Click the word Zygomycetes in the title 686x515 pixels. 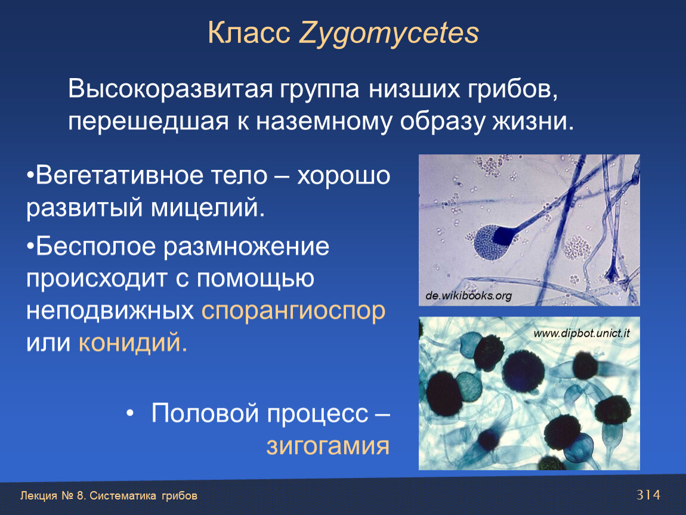tap(389, 34)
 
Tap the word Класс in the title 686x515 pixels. tap(249, 33)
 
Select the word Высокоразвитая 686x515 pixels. tap(170, 89)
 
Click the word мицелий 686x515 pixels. tap(208, 207)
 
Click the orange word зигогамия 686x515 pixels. tap(327, 446)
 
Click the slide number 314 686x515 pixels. tap(648, 495)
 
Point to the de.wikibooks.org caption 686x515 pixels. tap(468, 296)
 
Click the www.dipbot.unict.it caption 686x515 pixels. tap(582, 334)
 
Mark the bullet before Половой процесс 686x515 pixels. tap(130, 413)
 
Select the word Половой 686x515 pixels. tap(205, 413)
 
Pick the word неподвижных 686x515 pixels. tap(110, 311)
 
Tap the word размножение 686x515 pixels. tap(246, 247)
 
